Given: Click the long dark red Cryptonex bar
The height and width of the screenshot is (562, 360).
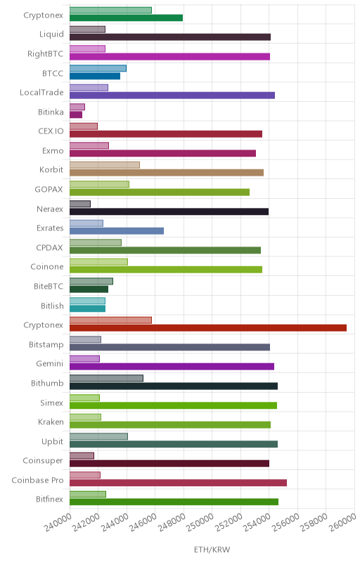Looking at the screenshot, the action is (208, 327).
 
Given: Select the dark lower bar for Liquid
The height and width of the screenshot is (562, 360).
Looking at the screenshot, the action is (170, 37).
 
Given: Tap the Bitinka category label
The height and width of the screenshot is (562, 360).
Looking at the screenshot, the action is (51, 112).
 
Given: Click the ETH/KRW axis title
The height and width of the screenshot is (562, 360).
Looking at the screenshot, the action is (212, 549).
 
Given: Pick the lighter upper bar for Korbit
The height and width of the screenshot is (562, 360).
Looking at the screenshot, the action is (105, 165).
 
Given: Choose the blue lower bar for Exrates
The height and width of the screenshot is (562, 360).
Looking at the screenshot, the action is (117, 231).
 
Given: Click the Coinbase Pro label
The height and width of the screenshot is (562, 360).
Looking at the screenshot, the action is (37, 480).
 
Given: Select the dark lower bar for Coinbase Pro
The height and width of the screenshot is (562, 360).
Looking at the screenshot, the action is (178, 483).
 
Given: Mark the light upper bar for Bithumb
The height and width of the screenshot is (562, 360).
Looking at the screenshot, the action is (106, 378).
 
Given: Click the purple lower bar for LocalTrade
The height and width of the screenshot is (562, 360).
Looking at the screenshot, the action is (172, 96).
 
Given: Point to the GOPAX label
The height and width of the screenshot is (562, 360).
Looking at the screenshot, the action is (49, 189).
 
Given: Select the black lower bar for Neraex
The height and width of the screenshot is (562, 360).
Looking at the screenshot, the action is (169, 211).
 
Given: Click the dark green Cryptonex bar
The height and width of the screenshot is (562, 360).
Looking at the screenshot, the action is (127, 18).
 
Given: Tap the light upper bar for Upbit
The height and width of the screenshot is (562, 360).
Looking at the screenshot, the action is (98, 436).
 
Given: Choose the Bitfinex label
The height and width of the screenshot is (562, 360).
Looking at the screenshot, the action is (49, 499).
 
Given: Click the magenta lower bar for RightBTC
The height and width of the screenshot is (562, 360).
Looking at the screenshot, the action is (169, 56).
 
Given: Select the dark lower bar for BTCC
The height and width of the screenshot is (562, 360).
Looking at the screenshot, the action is (95, 76).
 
